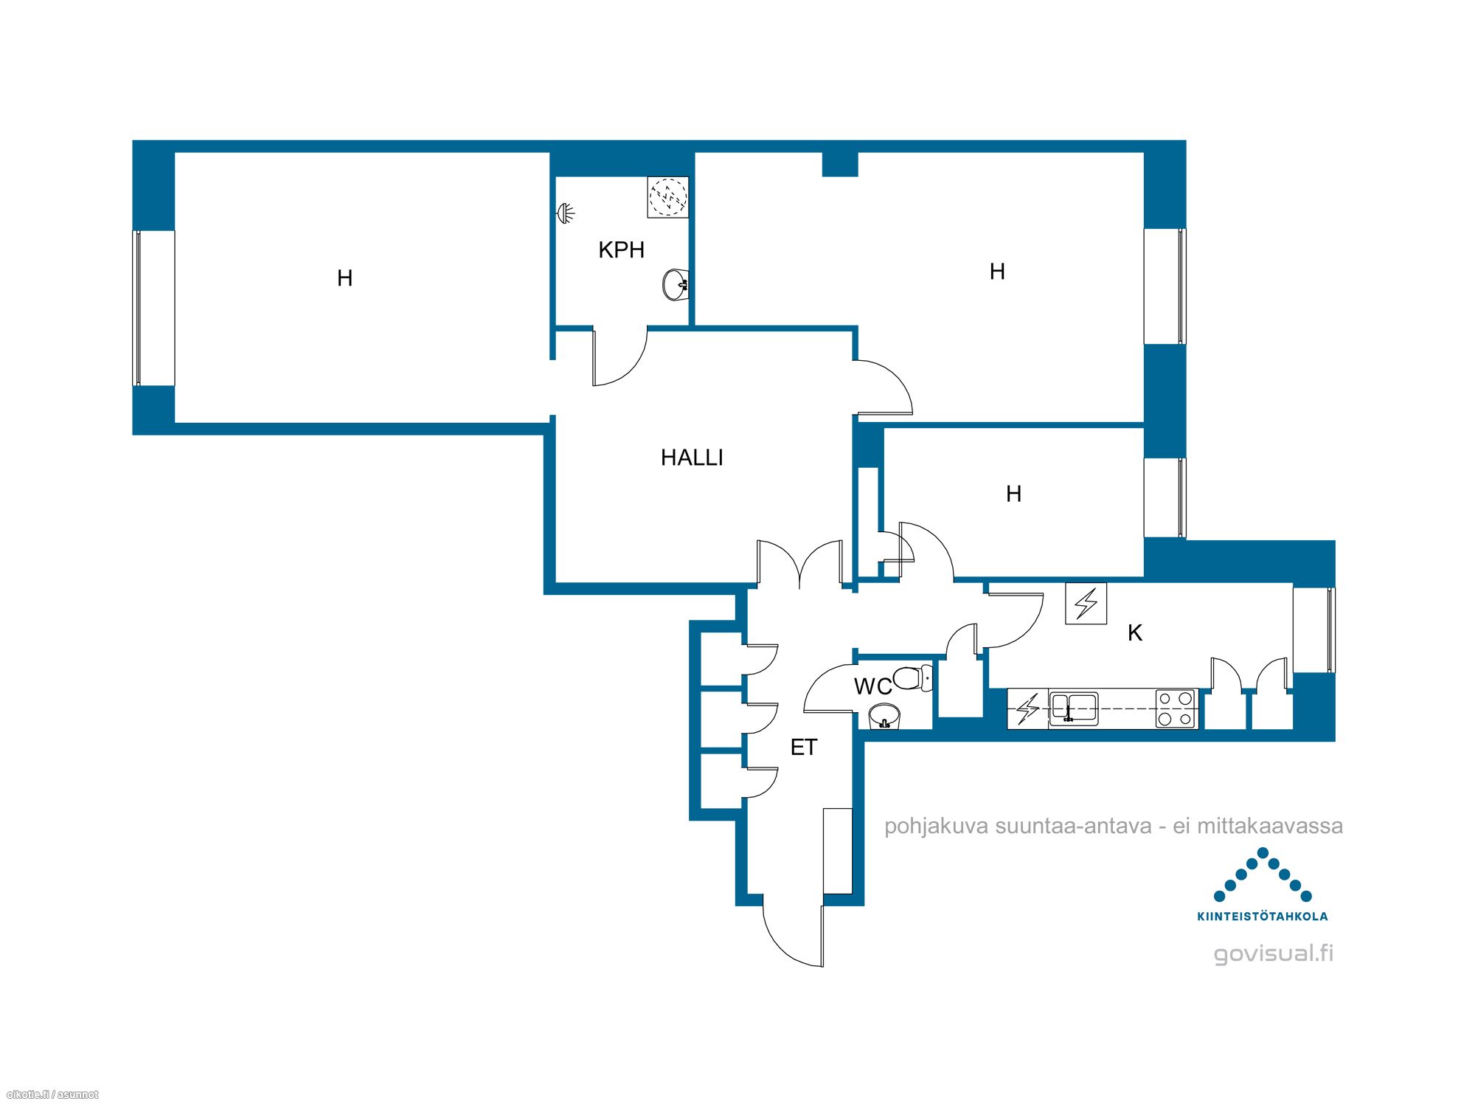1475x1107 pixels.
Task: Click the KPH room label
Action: click(622, 250)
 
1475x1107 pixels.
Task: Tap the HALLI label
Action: click(692, 458)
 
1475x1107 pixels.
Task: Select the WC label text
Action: click(873, 686)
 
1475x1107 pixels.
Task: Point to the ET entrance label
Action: click(804, 748)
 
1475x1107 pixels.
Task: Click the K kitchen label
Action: click(1135, 632)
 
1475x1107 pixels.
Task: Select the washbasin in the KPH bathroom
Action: click(676, 285)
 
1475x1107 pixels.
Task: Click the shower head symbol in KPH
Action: click(566, 213)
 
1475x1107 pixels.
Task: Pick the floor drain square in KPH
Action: click(668, 197)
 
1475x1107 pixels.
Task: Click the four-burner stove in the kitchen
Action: click(1176, 708)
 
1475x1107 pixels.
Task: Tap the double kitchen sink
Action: click(1074, 709)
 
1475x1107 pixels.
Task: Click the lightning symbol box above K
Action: click(1086, 604)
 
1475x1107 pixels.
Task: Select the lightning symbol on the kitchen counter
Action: click(1027, 709)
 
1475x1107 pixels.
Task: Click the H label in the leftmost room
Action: click(344, 278)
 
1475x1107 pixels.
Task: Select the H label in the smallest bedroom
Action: click(1014, 494)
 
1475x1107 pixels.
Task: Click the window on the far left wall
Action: click(137, 308)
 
